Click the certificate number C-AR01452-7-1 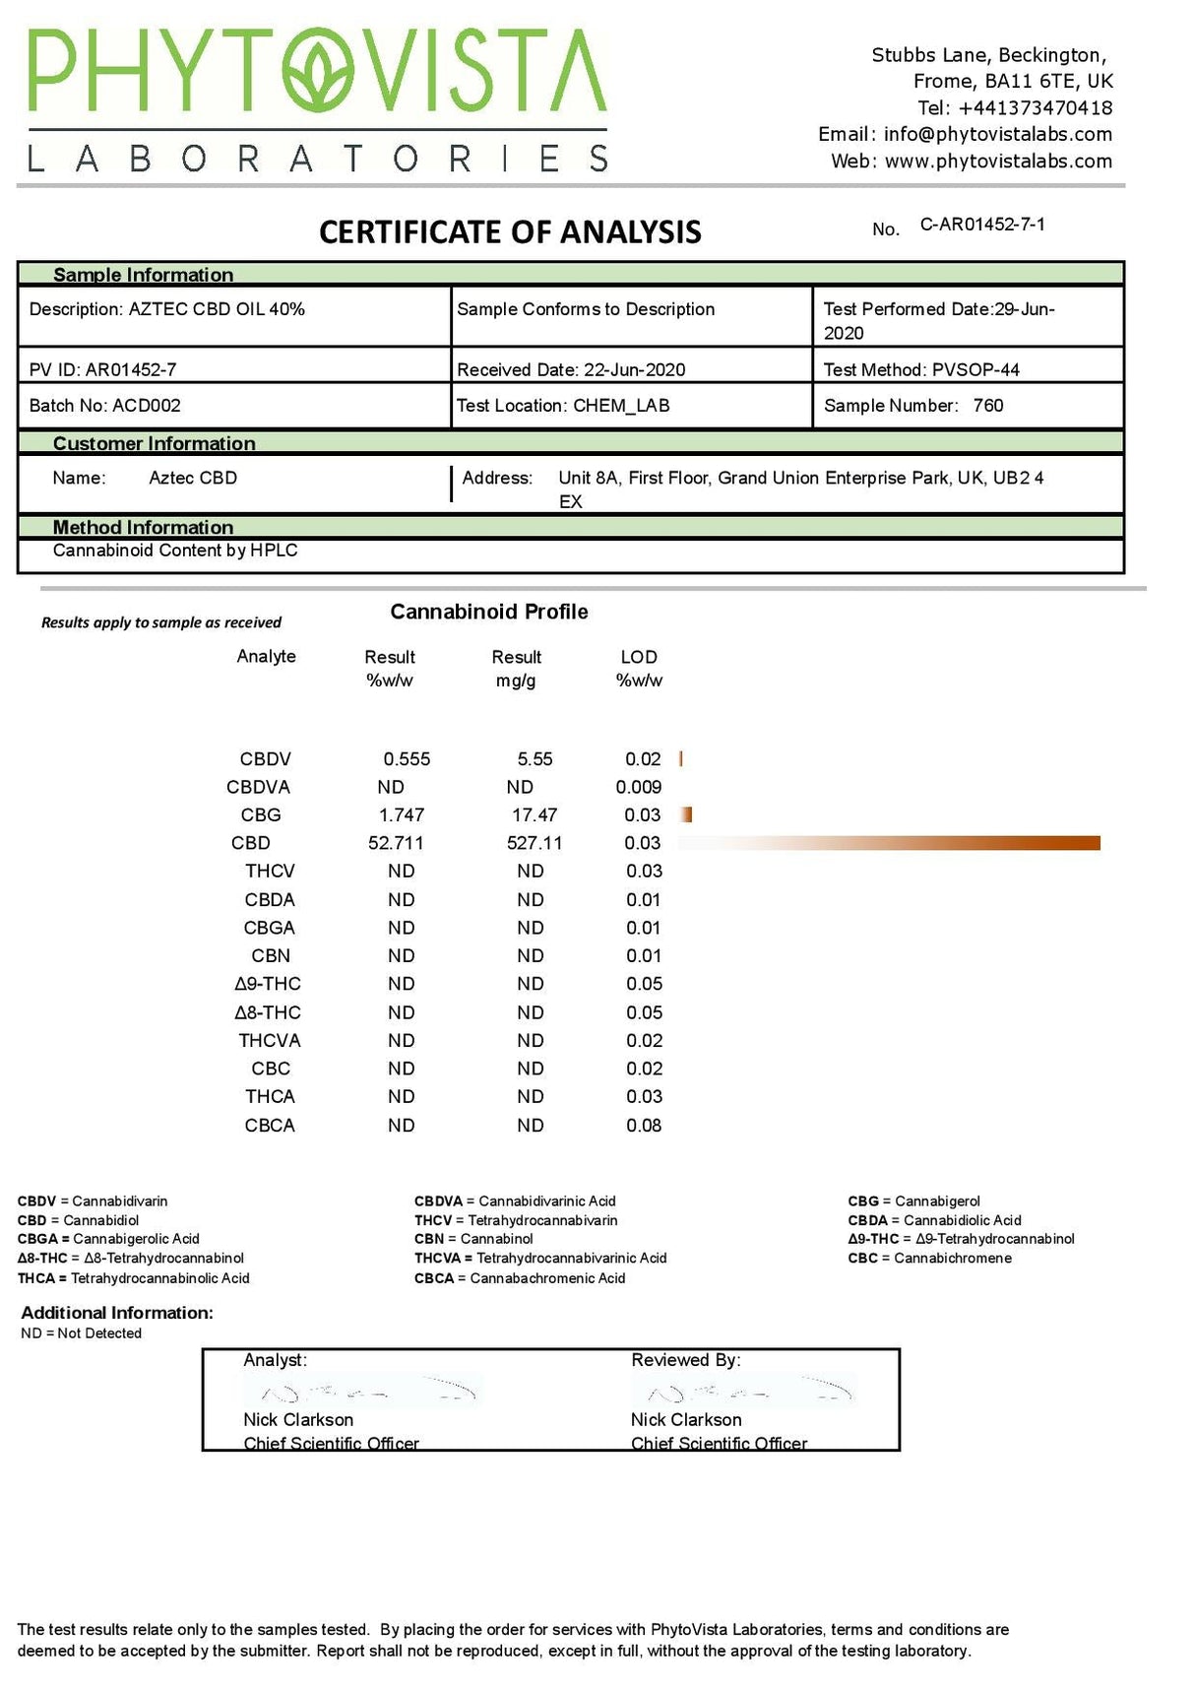[981, 225]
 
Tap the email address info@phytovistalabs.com [997, 135]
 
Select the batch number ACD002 [147, 406]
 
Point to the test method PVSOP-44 [975, 370]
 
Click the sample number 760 [987, 406]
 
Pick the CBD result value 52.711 [396, 844]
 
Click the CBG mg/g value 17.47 [535, 815]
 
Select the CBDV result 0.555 [407, 759]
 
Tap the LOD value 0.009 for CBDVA [638, 788]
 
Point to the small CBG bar [686, 814]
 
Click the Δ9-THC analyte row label [268, 984]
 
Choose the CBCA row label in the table [269, 1126]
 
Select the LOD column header [639, 668]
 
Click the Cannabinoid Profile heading [489, 612]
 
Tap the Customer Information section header [154, 443]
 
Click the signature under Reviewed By [743, 1391]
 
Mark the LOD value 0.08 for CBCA [644, 1126]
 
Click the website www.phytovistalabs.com [997, 162]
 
